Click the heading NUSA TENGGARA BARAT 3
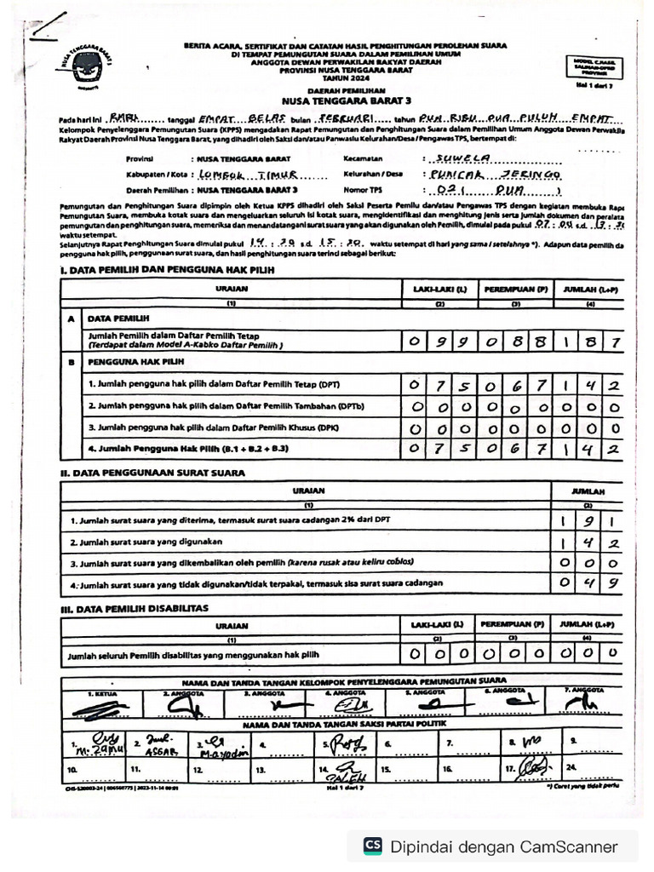point(344,100)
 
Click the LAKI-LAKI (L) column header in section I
point(439,290)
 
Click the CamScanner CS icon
point(373,846)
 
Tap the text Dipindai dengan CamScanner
point(503,846)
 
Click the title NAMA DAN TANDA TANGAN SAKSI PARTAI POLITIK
point(343,724)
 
